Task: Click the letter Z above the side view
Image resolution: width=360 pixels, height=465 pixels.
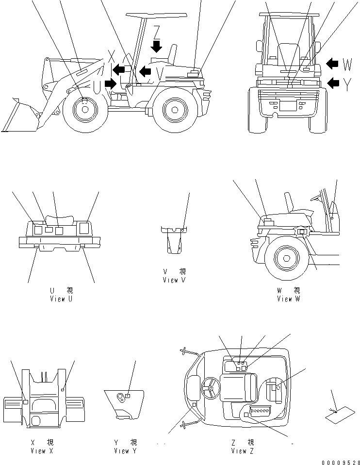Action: coord(156,32)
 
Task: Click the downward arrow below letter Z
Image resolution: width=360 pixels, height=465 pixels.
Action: coord(156,47)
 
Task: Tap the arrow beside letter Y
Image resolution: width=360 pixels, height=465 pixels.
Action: coord(333,83)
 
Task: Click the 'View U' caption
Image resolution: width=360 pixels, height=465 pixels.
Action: coord(61,299)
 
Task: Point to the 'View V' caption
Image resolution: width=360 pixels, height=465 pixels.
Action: coord(174,280)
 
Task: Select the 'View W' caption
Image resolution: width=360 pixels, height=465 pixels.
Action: coord(288,299)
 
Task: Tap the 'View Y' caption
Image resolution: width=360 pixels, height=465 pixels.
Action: coord(125,451)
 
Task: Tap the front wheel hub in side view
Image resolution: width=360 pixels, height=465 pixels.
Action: coord(85,109)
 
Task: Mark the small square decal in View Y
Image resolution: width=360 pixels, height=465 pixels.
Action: coord(127,396)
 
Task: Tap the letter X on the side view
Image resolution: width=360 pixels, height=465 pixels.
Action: coord(112,54)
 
